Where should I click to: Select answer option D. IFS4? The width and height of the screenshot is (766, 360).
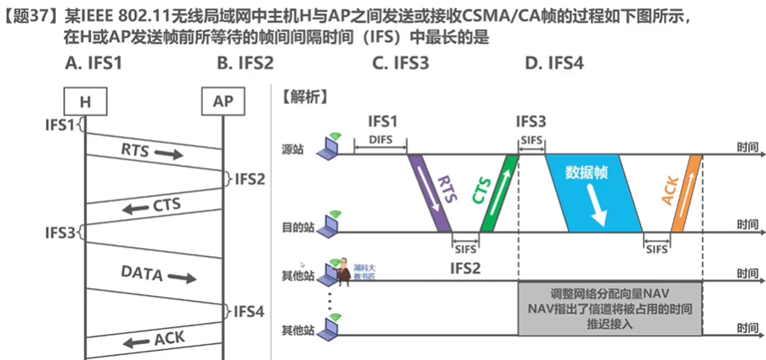(x=553, y=62)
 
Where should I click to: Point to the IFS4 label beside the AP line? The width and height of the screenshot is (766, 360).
(x=249, y=311)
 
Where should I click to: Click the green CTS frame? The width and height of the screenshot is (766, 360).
(x=495, y=191)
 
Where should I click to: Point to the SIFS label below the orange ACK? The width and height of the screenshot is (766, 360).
(x=657, y=249)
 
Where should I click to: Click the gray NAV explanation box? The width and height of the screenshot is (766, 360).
(x=609, y=309)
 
